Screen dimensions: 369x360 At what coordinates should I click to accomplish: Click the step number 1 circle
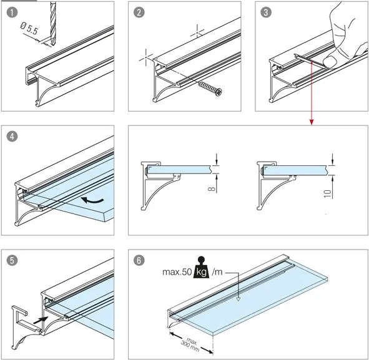[12, 12]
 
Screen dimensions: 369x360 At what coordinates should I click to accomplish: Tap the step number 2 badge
[139, 12]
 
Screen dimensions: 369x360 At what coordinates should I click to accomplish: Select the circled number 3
[266, 12]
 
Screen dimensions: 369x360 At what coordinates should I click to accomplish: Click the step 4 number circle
[12, 137]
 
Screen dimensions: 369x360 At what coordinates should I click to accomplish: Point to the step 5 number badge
[12, 261]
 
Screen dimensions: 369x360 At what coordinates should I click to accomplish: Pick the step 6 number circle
[139, 261]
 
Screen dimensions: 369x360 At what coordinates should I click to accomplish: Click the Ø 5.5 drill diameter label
[29, 28]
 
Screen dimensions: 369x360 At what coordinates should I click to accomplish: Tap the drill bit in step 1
[53, 23]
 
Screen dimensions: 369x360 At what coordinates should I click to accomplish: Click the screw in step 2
[210, 89]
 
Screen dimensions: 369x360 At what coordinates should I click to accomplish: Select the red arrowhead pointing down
[312, 122]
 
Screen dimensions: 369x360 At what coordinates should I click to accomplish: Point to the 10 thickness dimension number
[328, 193]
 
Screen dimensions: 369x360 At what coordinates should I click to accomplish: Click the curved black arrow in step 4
[92, 200]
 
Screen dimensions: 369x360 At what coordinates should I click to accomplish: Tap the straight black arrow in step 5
[41, 320]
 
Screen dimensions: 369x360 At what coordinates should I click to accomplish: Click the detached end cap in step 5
[25, 327]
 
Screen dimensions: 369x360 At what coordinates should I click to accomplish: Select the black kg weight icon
[201, 268]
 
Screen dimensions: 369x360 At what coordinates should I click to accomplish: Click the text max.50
[177, 272]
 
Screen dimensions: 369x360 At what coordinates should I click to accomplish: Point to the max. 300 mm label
[190, 345]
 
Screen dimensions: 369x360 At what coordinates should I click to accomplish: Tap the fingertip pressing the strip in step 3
[330, 62]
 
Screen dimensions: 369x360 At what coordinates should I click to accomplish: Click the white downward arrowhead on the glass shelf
[238, 299]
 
